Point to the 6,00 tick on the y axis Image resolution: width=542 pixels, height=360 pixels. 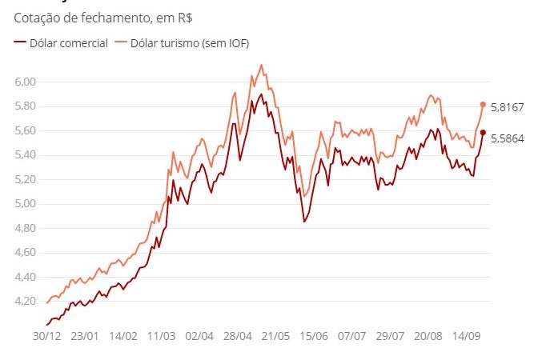click(26, 82)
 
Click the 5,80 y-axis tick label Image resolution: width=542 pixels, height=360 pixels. click(26, 106)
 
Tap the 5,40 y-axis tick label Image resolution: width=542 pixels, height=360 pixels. click(26, 155)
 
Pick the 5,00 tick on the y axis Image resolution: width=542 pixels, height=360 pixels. click(26, 204)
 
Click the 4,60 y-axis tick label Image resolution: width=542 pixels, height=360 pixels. click(26, 253)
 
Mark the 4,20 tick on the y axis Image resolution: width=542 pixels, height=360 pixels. click(26, 302)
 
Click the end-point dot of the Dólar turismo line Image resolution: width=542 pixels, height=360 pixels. click(483, 104)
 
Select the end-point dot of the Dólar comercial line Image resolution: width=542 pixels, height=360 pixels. click(483, 133)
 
